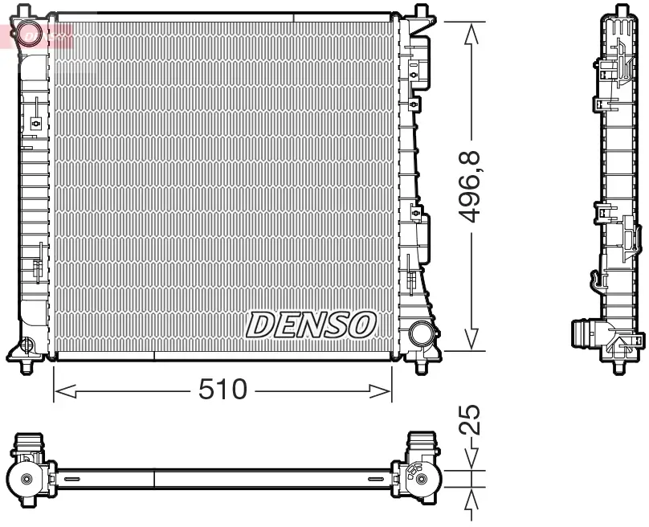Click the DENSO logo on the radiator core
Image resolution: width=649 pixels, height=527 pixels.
[310, 324]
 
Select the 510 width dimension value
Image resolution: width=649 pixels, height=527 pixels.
[222, 390]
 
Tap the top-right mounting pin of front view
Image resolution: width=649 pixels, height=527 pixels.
[419, 11]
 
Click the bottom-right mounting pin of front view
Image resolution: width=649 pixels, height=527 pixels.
[419, 368]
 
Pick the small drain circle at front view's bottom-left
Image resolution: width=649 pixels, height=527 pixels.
[27, 346]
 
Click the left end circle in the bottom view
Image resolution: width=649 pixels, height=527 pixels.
[27, 479]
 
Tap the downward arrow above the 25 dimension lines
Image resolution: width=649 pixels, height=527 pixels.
[471, 456]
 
